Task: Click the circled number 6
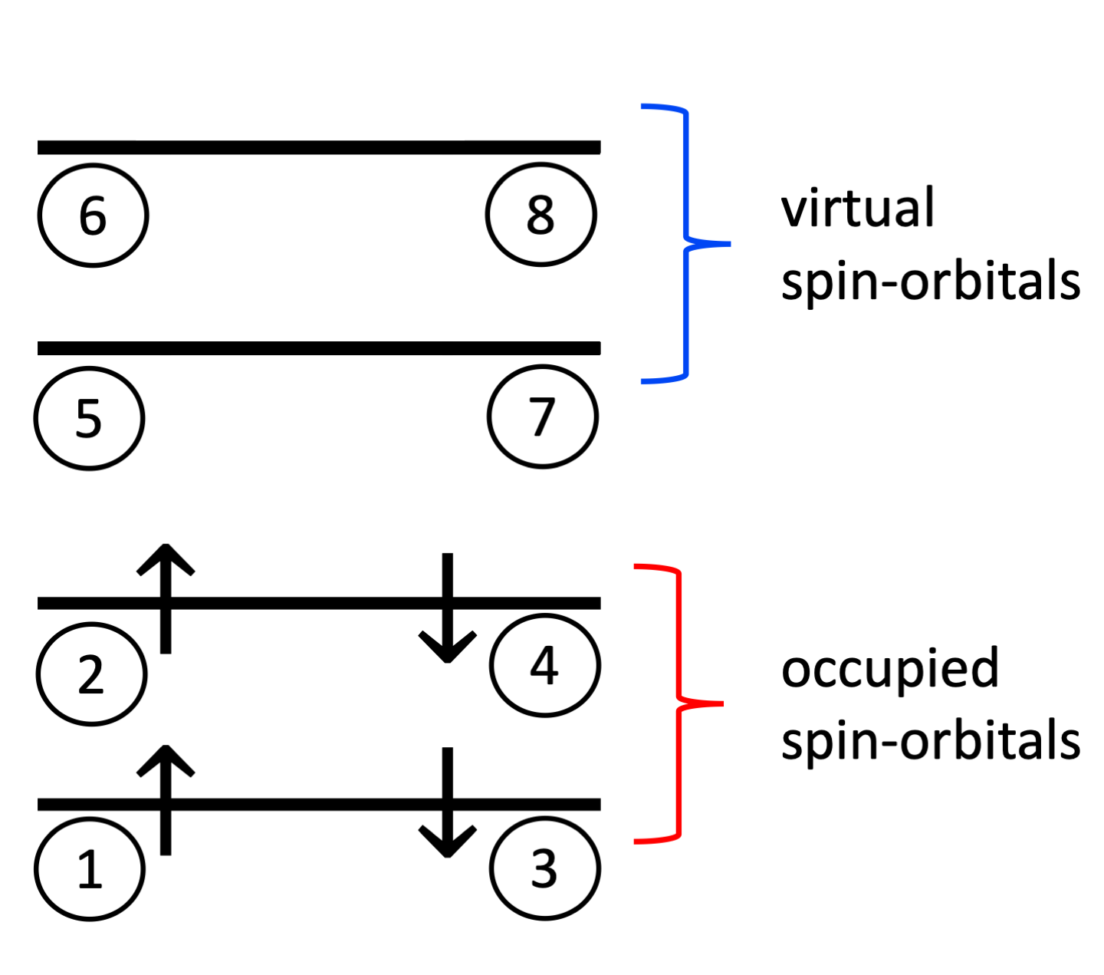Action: (x=93, y=216)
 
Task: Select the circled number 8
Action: (x=540, y=215)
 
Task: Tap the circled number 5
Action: (x=89, y=418)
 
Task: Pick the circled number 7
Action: (x=543, y=417)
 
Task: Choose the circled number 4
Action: (x=545, y=665)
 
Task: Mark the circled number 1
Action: (x=90, y=869)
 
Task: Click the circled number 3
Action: (x=544, y=868)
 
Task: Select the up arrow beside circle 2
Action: (x=166, y=598)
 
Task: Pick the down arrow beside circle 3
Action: (x=448, y=802)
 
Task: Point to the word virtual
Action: (x=857, y=208)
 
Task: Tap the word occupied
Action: (x=889, y=670)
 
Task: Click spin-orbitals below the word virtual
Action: (x=930, y=282)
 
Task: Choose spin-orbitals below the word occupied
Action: (x=930, y=741)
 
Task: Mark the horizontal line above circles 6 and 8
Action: (x=319, y=147)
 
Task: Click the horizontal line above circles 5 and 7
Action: (x=319, y=348)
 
